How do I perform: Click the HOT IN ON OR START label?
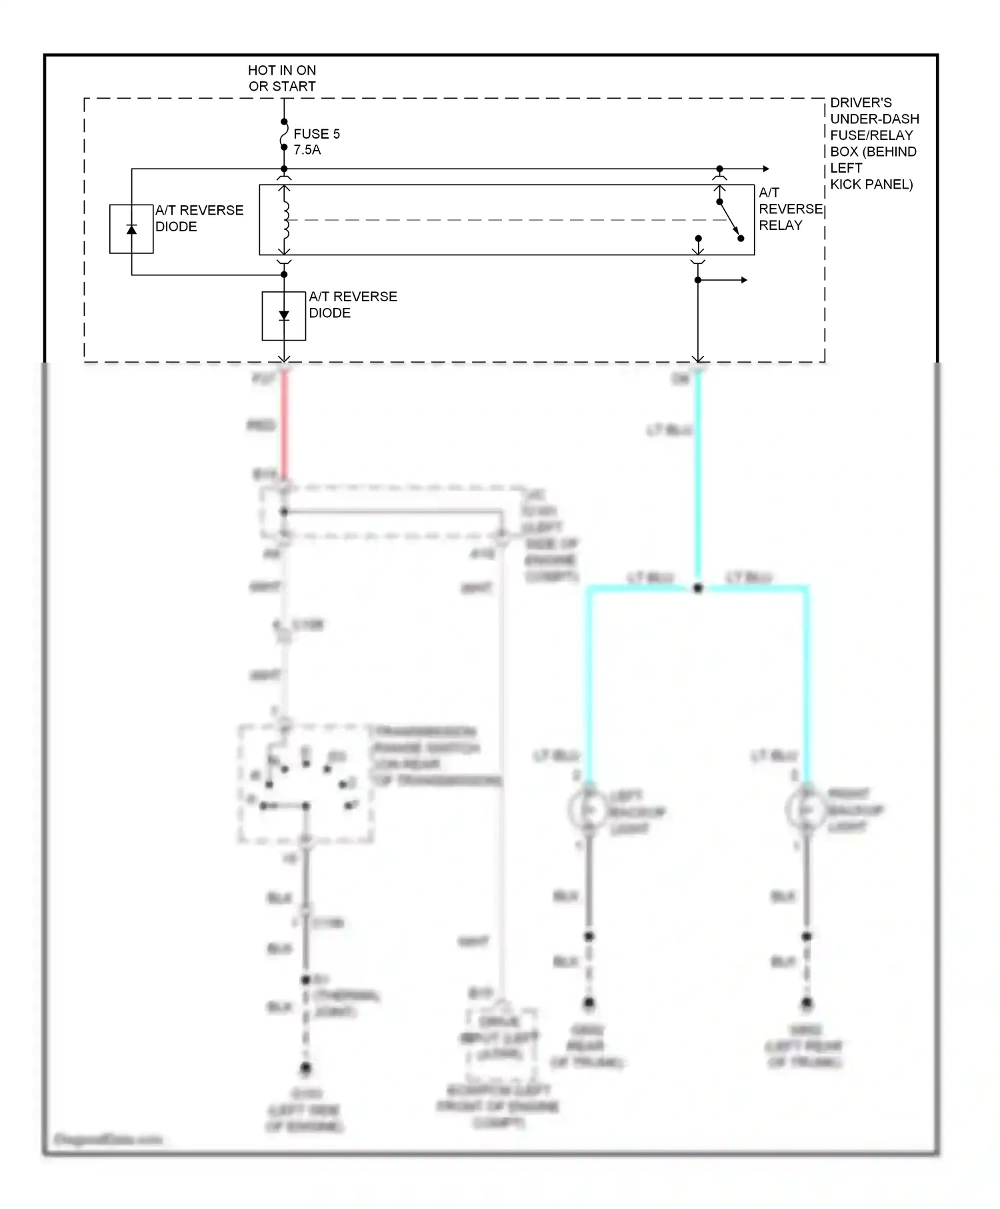[x=282, y=78]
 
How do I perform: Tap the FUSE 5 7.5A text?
[x=316, y=141]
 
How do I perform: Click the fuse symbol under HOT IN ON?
[x=284, y=135]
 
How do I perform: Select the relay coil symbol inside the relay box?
[x=285, y=220]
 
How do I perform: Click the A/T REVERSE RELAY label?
[x=790, y=209]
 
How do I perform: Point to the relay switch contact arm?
[x=730, y=219]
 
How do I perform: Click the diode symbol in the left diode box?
[x=131, y=229]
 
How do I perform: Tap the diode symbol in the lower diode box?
[x=284, y=315]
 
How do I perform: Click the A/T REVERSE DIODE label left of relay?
[x=199, y=218]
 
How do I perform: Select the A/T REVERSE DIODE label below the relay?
[x=352, y=305]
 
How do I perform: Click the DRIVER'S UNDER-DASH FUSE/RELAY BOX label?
[x=873, y=143]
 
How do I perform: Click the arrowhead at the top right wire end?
[x=766, y=169]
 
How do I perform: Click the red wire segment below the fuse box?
[x=284, y=427]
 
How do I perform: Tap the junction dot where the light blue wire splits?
[x=698, y=589]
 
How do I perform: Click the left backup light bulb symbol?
[x=589, y=809]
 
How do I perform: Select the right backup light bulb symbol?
[x=806, y=809]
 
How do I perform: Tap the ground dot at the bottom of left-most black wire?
[x=305, y=1068]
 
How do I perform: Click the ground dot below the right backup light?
[x=807, y=1003]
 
